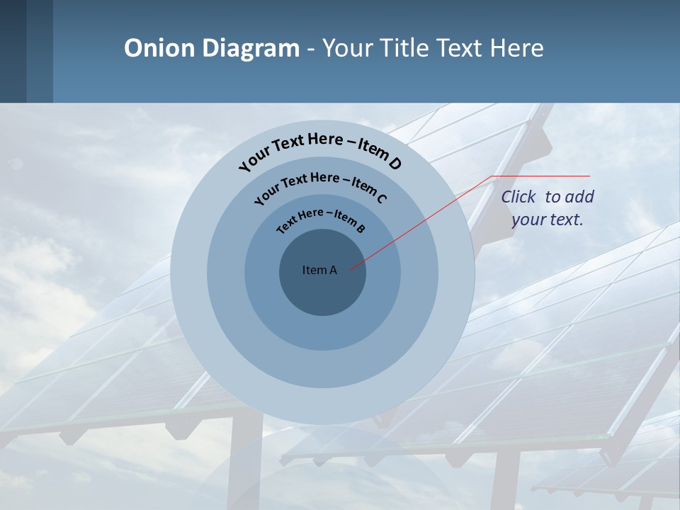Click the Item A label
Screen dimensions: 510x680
[319, 270]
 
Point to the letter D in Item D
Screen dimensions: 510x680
[395, 164]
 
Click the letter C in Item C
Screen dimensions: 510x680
[380, 198]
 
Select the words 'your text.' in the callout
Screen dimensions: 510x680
[547, 220]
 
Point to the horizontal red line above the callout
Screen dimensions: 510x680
[542, 176]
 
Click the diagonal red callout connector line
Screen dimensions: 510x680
[425, 220]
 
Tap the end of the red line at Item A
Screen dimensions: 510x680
[350, 268]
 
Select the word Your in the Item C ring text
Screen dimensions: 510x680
[266, 194]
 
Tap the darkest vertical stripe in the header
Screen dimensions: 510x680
[13, 51]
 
